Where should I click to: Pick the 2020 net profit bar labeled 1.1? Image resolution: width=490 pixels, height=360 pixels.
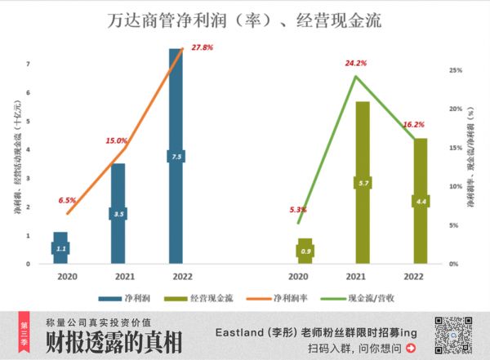[x=60, y=248]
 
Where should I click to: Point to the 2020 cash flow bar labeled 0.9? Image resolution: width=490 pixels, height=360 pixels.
[x=305, y=251]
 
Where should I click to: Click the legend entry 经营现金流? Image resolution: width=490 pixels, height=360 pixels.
[x=201, y=297]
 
